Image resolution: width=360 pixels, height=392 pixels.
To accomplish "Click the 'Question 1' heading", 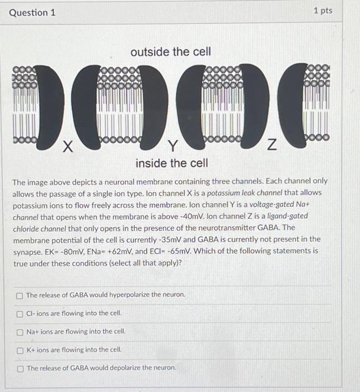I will [32, 12].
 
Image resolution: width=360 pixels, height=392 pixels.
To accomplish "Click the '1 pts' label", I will [322, 11].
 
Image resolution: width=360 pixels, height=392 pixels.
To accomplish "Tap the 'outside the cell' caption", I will [171, 52].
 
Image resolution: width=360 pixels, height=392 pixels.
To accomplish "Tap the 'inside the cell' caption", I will [171, 163].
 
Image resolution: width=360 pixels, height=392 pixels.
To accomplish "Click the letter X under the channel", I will [67, 147].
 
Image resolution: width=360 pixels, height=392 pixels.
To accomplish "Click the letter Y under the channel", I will [173, 147].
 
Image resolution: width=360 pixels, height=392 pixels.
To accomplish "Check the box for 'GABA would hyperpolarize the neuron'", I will [20, 295].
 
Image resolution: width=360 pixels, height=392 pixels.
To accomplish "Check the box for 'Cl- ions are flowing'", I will [20, 314].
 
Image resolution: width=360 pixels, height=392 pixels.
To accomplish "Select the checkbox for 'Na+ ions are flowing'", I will [20, 332].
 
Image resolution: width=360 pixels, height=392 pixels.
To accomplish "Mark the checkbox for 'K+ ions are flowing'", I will [20, 350].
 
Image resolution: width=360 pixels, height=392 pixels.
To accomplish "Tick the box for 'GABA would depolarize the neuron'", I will [20, 368].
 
